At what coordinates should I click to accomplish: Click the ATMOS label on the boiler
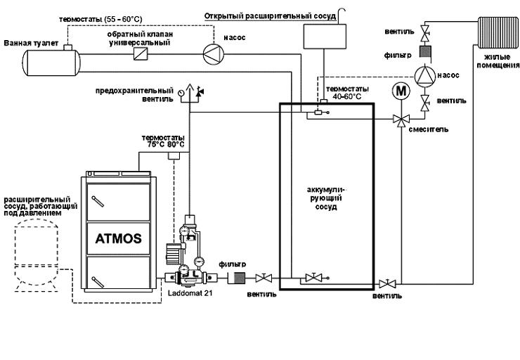coord(118,238)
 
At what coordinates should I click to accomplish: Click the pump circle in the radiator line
coord(425,75)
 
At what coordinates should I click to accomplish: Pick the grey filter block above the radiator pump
coord(425,51)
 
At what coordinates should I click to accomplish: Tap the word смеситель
coord(430,129)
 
